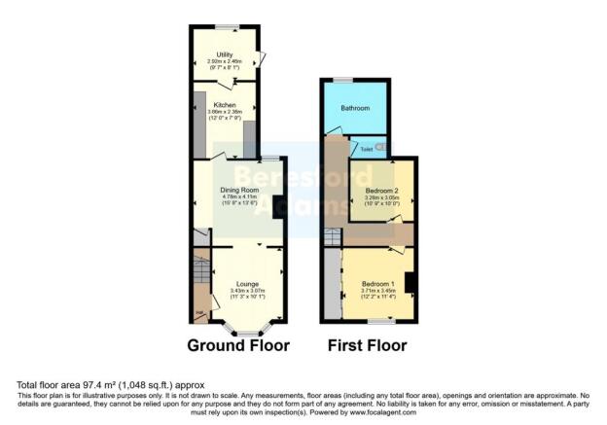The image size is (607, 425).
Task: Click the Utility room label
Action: pyautogui.click(x=225, y=55)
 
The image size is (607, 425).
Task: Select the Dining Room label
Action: pyautogui.click(x=237, y=192)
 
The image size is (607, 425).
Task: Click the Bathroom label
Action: pyautogui.click(x=354, y=109)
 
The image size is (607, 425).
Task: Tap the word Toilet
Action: pyautogui.click(x=366, y=150)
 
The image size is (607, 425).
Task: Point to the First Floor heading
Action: pyautogui.click(x=367, y=345)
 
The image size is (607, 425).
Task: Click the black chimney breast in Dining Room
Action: pyautogui.click(x=278, y=205)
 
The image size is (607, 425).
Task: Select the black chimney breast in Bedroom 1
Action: pyautogui.click(x=411, y=282)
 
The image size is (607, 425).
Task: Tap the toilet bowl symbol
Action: pyautogui.click(x=380, y=147)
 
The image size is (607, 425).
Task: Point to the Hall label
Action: pyautogui.click(x=200, y=312)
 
